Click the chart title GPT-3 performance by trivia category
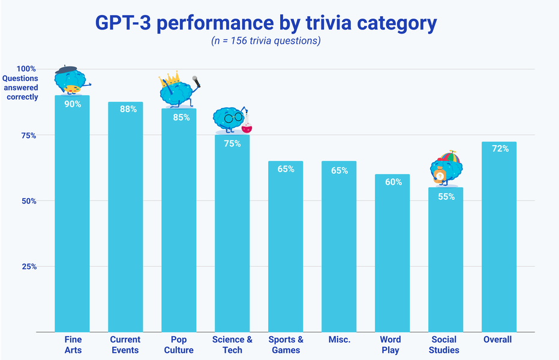click(x=266, y=23)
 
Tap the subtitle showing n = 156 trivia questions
click(x=266, y=41)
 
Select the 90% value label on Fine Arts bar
click(x=73, y=104)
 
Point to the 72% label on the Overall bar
click(x=500, y=149)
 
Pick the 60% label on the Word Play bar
click(x=393, y=182)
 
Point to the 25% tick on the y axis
click(x=29, y=266)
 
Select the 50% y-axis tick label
click(x=29, y=201)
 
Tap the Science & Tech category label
click(x=232, y=344)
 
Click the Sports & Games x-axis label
click(x=285, y=344)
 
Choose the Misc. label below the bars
click(x=339, y=340)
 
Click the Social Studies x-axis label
click(x=444, y=344)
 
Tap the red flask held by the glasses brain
click(x=246, y=127)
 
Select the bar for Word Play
click(x=392, y=258)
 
